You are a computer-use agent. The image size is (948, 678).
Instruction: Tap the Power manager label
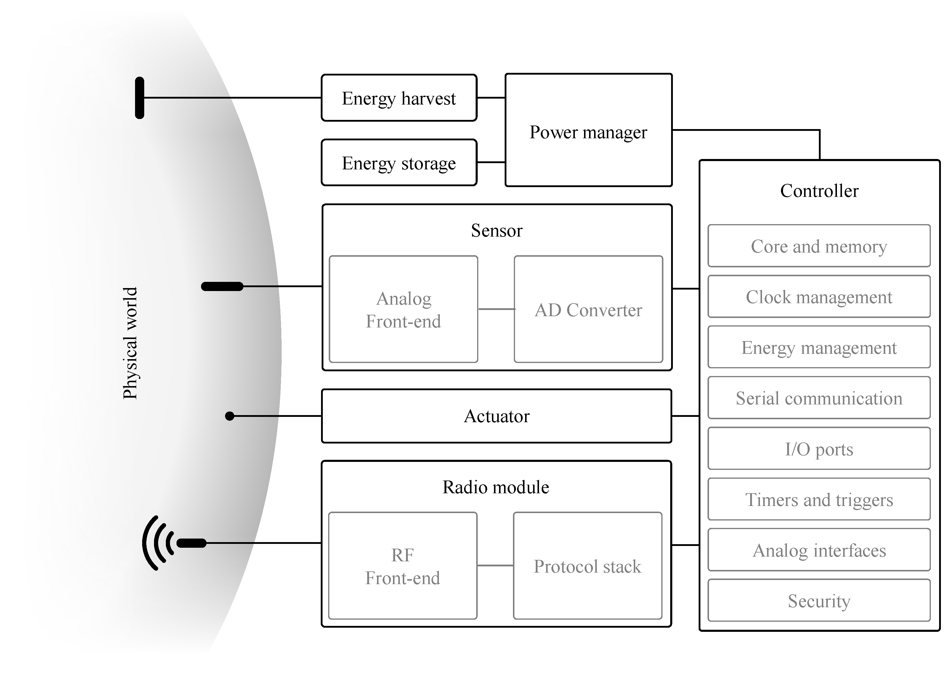[588, 132]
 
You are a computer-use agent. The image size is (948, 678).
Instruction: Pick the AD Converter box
[588, 310]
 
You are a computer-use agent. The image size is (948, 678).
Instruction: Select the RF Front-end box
[402, 566]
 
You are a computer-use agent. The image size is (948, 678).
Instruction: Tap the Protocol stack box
[587, 566]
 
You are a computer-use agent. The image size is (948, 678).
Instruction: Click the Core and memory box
[819, 246]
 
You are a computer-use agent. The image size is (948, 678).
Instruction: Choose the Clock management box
[819, 297]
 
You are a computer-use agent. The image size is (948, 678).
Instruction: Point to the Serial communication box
[819, 398]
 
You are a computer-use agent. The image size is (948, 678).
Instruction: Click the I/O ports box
[819, 449]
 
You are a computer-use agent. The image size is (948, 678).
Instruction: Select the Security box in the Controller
[819, 601]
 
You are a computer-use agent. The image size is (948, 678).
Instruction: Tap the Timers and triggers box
[819, 499]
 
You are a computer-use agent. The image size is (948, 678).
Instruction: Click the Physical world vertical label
[130, 343]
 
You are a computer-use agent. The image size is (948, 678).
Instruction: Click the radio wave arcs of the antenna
[157, 543]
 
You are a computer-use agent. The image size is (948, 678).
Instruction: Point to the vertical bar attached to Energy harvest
[139, 98]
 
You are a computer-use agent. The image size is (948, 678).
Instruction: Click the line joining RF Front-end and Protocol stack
[495, 565]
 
